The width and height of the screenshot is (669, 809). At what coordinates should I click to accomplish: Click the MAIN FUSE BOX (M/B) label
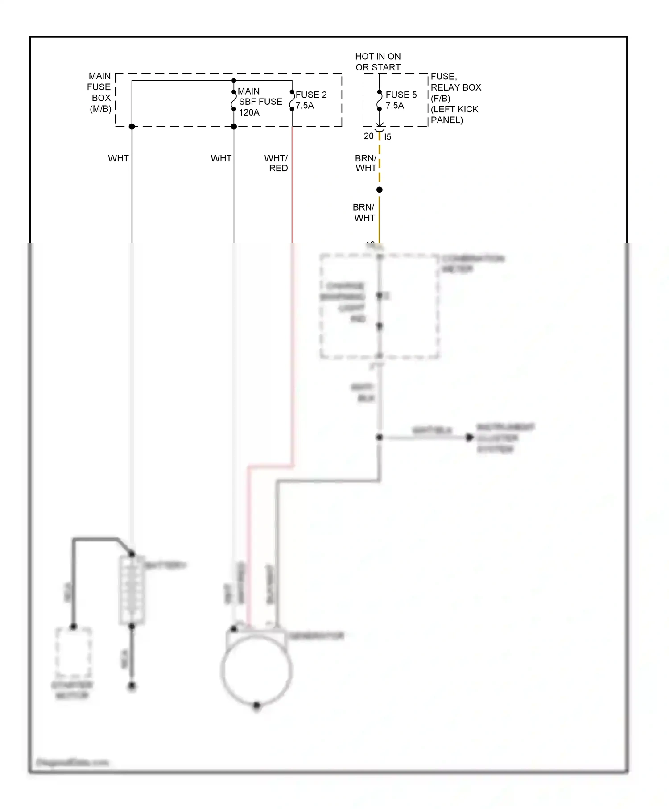click(99, 92)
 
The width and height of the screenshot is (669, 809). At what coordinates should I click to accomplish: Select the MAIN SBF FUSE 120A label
click(260, 102)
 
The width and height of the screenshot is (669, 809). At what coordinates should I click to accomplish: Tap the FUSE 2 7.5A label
click(311, 100)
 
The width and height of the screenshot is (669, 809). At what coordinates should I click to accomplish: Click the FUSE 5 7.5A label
click(401, 100)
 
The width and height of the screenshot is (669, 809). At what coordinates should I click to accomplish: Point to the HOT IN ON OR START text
click(378, 62)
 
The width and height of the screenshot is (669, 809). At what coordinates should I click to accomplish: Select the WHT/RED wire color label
click(277, 163)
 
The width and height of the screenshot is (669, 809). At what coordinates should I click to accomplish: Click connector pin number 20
click(368, 136)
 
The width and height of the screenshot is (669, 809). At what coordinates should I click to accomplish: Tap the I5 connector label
click(388, 137)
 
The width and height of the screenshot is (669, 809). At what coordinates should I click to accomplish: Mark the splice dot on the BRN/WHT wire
click(380, 190)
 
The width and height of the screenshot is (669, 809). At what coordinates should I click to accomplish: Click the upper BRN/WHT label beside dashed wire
click(366, 163)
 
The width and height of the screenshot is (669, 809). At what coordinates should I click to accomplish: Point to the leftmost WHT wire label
click(118, 158)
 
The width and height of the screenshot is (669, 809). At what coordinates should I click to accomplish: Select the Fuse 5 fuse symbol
click(380, 100)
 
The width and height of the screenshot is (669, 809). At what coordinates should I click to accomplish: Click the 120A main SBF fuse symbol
click(234, 100)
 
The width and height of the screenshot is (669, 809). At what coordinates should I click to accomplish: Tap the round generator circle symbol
click(256, 669)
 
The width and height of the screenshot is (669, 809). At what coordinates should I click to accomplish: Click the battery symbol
click(132, 590)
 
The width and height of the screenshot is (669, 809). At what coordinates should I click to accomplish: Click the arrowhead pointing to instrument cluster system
click(469, 438)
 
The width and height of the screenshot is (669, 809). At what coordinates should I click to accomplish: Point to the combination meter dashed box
click(379, 307)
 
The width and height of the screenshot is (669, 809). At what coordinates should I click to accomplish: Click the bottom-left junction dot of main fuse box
click(132, 127)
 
